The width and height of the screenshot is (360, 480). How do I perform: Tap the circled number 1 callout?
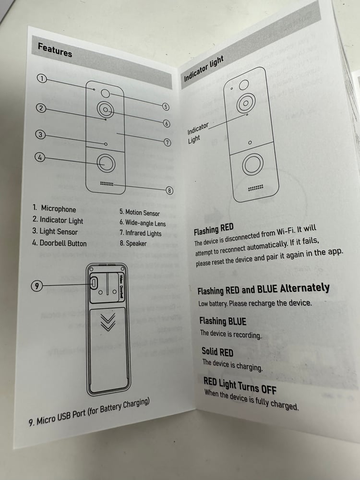[41, 79]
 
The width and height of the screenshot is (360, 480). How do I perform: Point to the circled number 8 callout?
[169, 191]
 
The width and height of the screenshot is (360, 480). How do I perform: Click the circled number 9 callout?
[36, 286]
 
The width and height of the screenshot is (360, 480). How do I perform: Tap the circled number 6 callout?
[167, 124]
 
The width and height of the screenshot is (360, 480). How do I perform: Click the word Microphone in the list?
[59, 209]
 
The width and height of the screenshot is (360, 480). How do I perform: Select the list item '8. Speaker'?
[133, 243]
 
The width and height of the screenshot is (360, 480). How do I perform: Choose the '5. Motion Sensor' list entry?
[140, 213]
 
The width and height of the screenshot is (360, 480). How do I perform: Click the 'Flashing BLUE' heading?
[223, 321]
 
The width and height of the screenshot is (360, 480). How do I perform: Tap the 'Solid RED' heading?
[217, 352]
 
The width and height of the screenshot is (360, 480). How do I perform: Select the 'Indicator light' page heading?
[204, 69]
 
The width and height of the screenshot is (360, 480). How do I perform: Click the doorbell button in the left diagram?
[106, 163]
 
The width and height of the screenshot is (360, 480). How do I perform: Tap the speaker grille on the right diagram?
[256, 187]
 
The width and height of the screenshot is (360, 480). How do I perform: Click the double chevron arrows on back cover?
[108, 322]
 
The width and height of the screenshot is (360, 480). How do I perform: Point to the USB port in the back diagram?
[94, 283]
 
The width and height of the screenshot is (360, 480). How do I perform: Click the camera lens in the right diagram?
[245, 103]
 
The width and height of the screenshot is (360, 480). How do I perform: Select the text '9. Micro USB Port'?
[57, 418]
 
